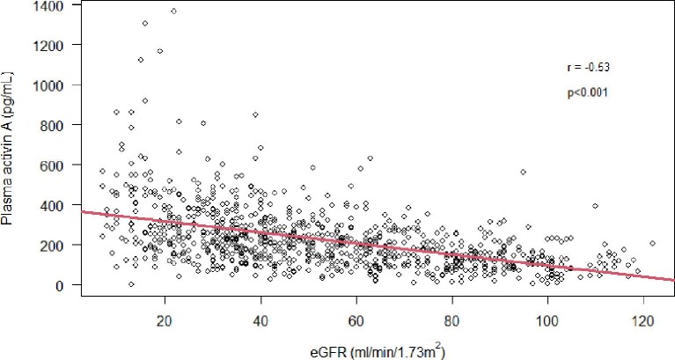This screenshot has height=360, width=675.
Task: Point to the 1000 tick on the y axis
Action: pyautogui.click(x=53, y=85)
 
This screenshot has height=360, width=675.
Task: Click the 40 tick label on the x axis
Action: pyautogui.click(x=260, y=322)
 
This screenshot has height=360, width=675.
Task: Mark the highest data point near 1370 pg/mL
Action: pyautogui.click(x=173, y=11)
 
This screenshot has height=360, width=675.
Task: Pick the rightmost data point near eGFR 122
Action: pyautogui.click(x=652, y=244)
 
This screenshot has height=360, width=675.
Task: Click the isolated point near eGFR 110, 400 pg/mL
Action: pyautogui.click(x=595, y=206)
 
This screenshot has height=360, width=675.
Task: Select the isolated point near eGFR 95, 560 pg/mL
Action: pyautogui.click(x=523, y=173)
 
